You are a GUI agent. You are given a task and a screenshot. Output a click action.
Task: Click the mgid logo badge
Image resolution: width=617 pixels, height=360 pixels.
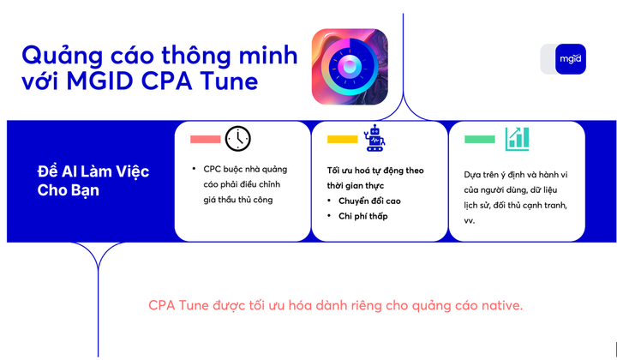point(570,58)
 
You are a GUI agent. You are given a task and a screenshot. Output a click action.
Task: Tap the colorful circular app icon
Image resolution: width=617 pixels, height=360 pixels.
point(350,67)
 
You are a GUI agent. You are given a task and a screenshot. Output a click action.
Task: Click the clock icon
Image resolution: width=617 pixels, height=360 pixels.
point(238,138)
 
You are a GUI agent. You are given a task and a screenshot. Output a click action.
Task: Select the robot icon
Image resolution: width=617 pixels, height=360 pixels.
point(374,138)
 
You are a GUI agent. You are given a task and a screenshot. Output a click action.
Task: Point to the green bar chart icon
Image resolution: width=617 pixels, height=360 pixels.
point(517,138)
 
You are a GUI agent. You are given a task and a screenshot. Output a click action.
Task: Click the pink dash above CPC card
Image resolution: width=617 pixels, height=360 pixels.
point(205,139)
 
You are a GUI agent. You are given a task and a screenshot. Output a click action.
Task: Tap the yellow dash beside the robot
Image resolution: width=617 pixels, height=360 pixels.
point(342,139)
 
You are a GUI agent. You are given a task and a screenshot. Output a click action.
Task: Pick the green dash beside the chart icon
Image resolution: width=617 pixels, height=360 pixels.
point(479,139)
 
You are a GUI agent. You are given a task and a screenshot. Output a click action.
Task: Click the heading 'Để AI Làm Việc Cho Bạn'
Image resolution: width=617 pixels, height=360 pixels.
point(93,180)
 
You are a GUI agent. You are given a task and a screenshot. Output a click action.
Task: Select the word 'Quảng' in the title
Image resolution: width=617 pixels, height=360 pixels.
point(58,55)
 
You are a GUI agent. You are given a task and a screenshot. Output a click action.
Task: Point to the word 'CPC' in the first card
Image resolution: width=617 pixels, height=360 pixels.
point(213,169)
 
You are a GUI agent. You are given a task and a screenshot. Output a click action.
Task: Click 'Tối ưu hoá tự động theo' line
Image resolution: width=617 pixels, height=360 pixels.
point(375,170)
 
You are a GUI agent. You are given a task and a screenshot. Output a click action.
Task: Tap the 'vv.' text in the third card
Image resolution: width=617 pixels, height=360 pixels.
point(470,220)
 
